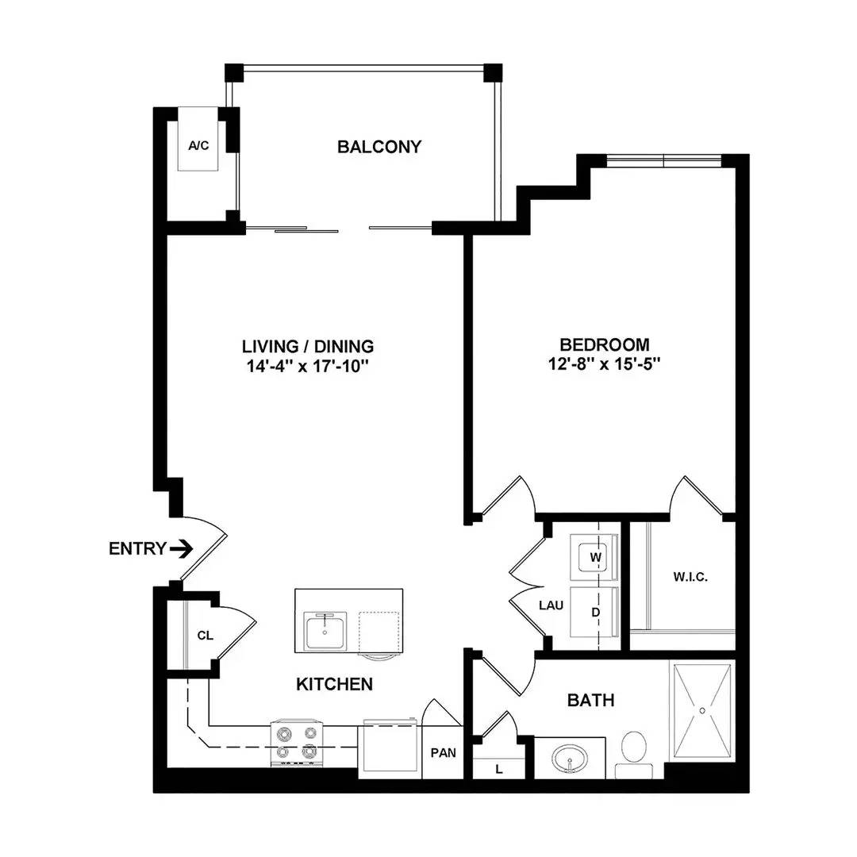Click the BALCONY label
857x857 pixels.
click(379, 147)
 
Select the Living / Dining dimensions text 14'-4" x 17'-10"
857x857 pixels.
click(308, 366)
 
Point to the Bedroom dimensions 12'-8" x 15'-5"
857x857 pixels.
click(605, 364)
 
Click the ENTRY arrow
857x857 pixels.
click(181, 548)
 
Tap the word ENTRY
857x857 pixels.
click(137, 548)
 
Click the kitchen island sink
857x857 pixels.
click(326, 632)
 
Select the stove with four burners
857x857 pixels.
click(298, 743)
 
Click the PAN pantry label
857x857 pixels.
click(444, 753)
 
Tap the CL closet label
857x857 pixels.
click(205, 636)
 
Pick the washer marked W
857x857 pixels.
click(594, 558)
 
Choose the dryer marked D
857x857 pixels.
click(594, 612)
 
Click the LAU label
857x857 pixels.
click(551, 605)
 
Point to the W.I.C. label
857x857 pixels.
click(690, 577)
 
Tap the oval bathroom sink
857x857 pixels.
click(570, 759)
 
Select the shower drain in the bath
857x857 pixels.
click(702, 710)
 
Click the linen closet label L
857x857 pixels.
click(499, 770)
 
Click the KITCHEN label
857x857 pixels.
click(335, 684)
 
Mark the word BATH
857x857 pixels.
click(591, 700)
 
